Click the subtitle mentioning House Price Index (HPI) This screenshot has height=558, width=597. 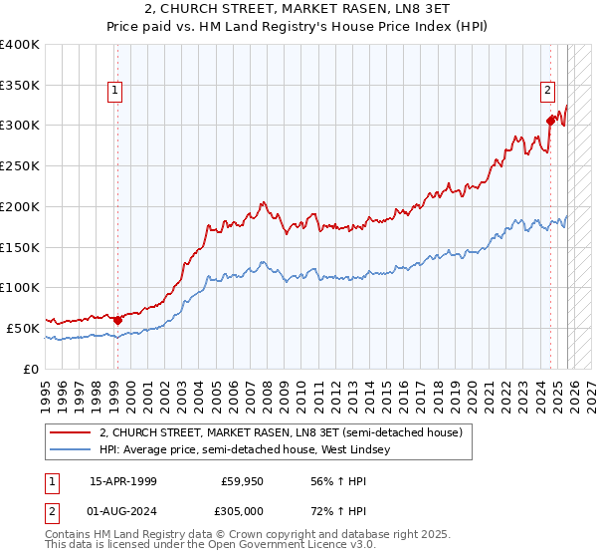click(x=298, y=27)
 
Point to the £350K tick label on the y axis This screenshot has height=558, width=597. click(x=20, y=85)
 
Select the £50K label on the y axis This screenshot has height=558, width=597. click(x=24, y=328)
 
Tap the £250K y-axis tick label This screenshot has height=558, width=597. click(x=20, y=166)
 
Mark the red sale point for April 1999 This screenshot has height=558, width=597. click(x=117, y=320)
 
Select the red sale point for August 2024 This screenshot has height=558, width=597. click(x=550, y=121)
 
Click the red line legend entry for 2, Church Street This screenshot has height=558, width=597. click(x=281, y=433)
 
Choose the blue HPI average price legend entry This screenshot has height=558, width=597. click(x=244, y=450)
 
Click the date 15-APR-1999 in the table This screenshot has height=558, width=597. click(x=122, y=481)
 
